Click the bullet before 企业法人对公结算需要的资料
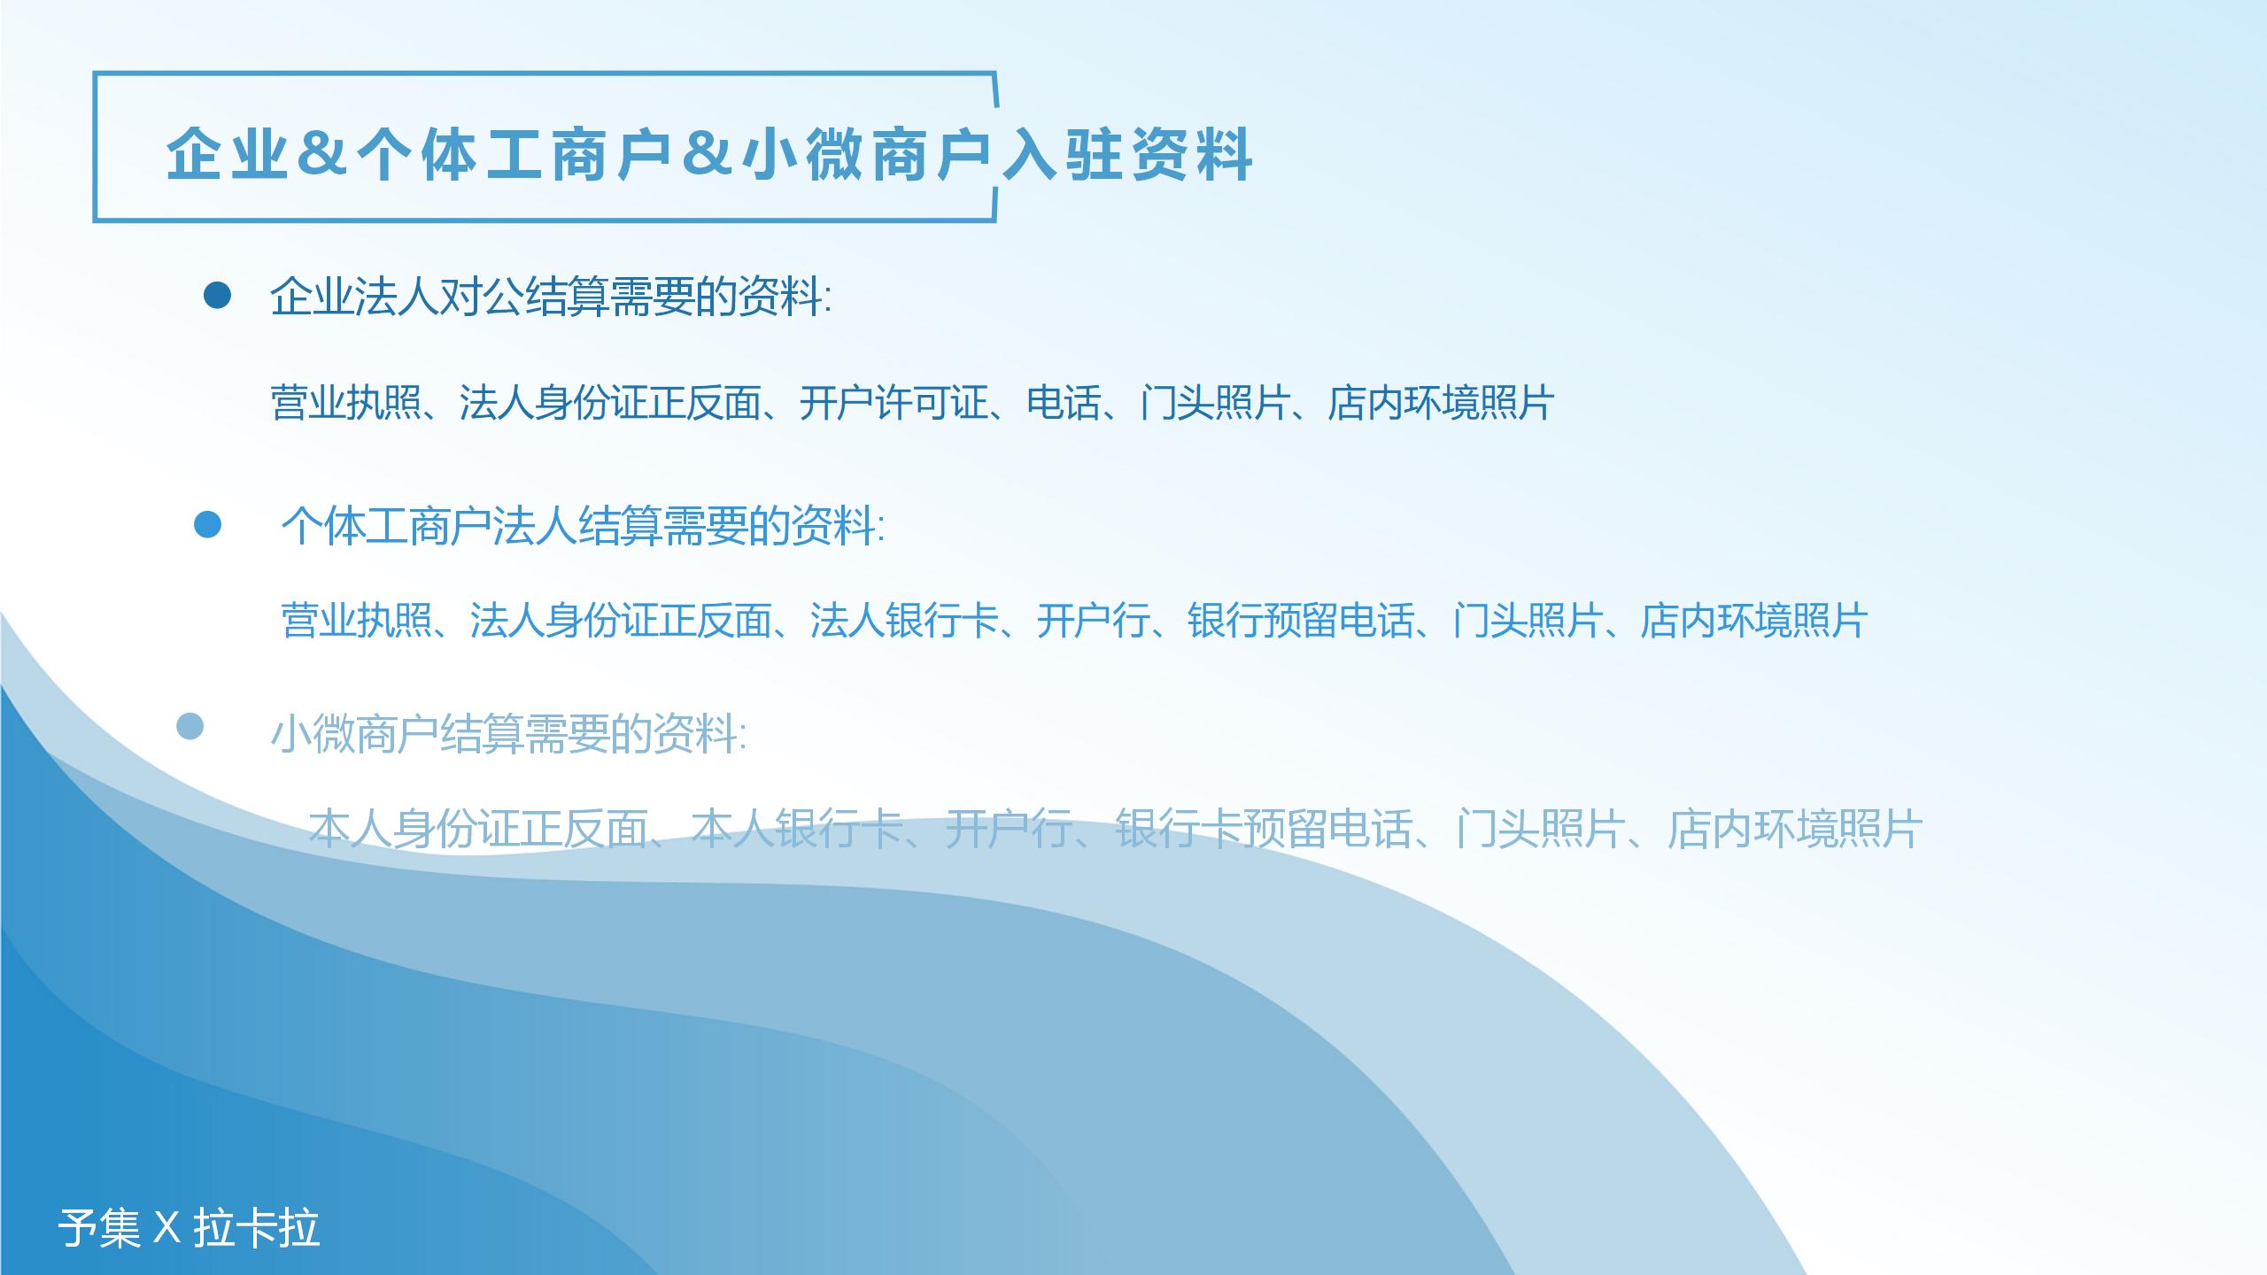click(217, 296)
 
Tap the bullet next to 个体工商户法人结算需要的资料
click(207, 524)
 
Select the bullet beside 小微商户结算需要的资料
click(190, 727)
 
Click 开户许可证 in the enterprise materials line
click(894, 403)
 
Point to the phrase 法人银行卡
click(904, 620)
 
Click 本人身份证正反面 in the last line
click(479, 830)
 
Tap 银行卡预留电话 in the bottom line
click(1264, 830)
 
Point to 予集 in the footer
click(99, 1228)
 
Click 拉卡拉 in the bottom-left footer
click(257, 1228)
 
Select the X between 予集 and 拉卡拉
click(166, 1229)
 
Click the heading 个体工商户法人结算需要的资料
click(583, 526)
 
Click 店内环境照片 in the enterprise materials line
click(1441, 403)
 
